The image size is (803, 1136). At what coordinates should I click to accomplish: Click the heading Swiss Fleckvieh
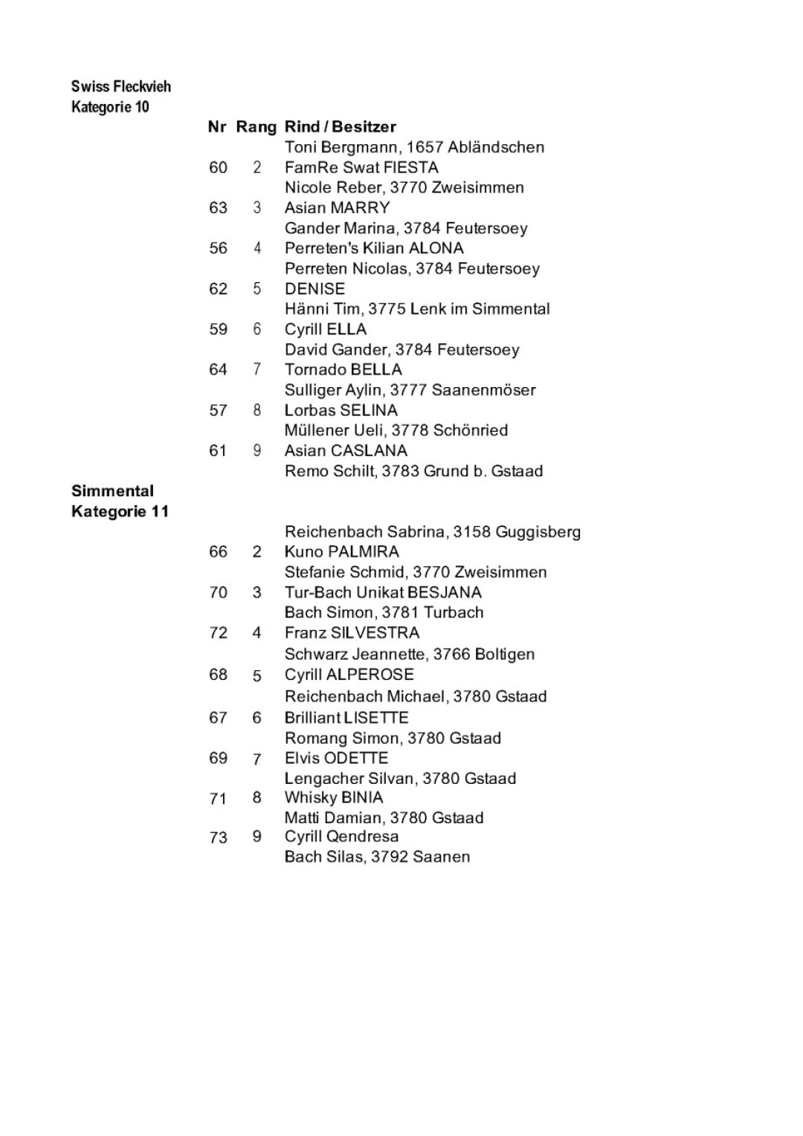click(x=121, y=86)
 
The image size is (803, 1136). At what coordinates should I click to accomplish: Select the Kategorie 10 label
click(x=110, y=107)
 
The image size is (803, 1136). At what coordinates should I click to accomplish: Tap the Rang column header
click(x=256, y=127)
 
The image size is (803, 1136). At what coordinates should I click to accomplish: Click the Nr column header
click(x=217, y=127)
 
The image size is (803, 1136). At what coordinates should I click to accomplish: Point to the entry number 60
click(x=218, y=168)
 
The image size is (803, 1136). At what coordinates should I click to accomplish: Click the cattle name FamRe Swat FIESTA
click(x=361, y=168)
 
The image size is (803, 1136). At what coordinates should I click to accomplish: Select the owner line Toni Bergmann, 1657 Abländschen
click(x=414, y=147)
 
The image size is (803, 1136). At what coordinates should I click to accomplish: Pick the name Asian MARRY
click(x=337, y=208)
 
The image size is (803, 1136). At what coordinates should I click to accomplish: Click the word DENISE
click(x=315, y=289)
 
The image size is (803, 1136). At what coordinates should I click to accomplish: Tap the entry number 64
click(x=218, y=370)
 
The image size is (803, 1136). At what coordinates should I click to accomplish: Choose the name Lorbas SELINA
click(x=341, y=410)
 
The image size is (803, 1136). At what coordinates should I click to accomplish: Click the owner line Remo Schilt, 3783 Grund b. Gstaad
click(x=413, y=471)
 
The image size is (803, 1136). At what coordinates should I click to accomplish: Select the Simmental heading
click(x=112, y=491)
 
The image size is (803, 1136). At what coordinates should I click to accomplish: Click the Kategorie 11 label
click(x=120, y=512)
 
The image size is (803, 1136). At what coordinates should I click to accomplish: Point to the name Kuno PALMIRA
click(x=341, y=552)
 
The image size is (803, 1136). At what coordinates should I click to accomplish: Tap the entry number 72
click(x=218, y=633)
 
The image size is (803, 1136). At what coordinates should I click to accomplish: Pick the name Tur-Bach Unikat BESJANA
click(x=383, y=593)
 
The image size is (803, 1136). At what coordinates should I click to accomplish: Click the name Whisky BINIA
click(x=333, y=798)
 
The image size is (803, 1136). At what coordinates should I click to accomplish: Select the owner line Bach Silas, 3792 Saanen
click(x=377, y=857)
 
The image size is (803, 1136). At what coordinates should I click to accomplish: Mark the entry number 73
click(x=218, y=837)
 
